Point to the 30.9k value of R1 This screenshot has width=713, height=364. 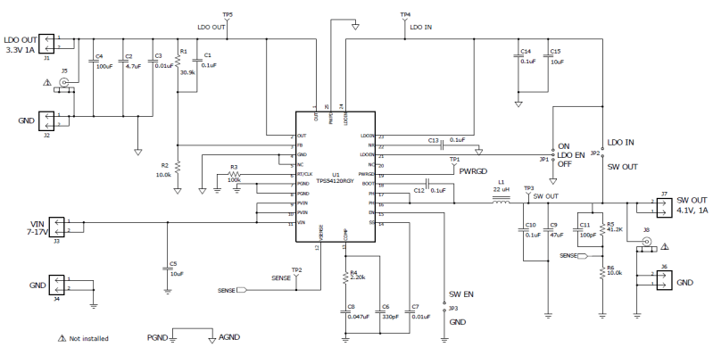pyautogui.click(x=187, y=73)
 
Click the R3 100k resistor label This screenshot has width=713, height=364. pyautogui.click(x=235, y=179)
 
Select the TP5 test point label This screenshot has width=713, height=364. pyautogui.click(x=228, y=15)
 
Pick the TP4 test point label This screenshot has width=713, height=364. pyautogui.click(x=406, y=15)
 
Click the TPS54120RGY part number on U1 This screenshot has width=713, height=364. pyautogui.click(x=335, y=180)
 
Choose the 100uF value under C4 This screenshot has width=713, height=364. pyautogui.click(x=104, y=67)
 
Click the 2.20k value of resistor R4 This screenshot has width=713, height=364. pyautogui.click(x=359, y=279)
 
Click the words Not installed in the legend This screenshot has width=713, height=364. pyautogui.click(x=89, y=339)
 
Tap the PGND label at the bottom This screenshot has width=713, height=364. pyautogui.click(x=158, y=339)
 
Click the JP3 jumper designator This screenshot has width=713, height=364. pyautogui.click(x=453, y=308)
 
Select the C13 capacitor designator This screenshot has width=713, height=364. pyautogui.click(x=435, y=140)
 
